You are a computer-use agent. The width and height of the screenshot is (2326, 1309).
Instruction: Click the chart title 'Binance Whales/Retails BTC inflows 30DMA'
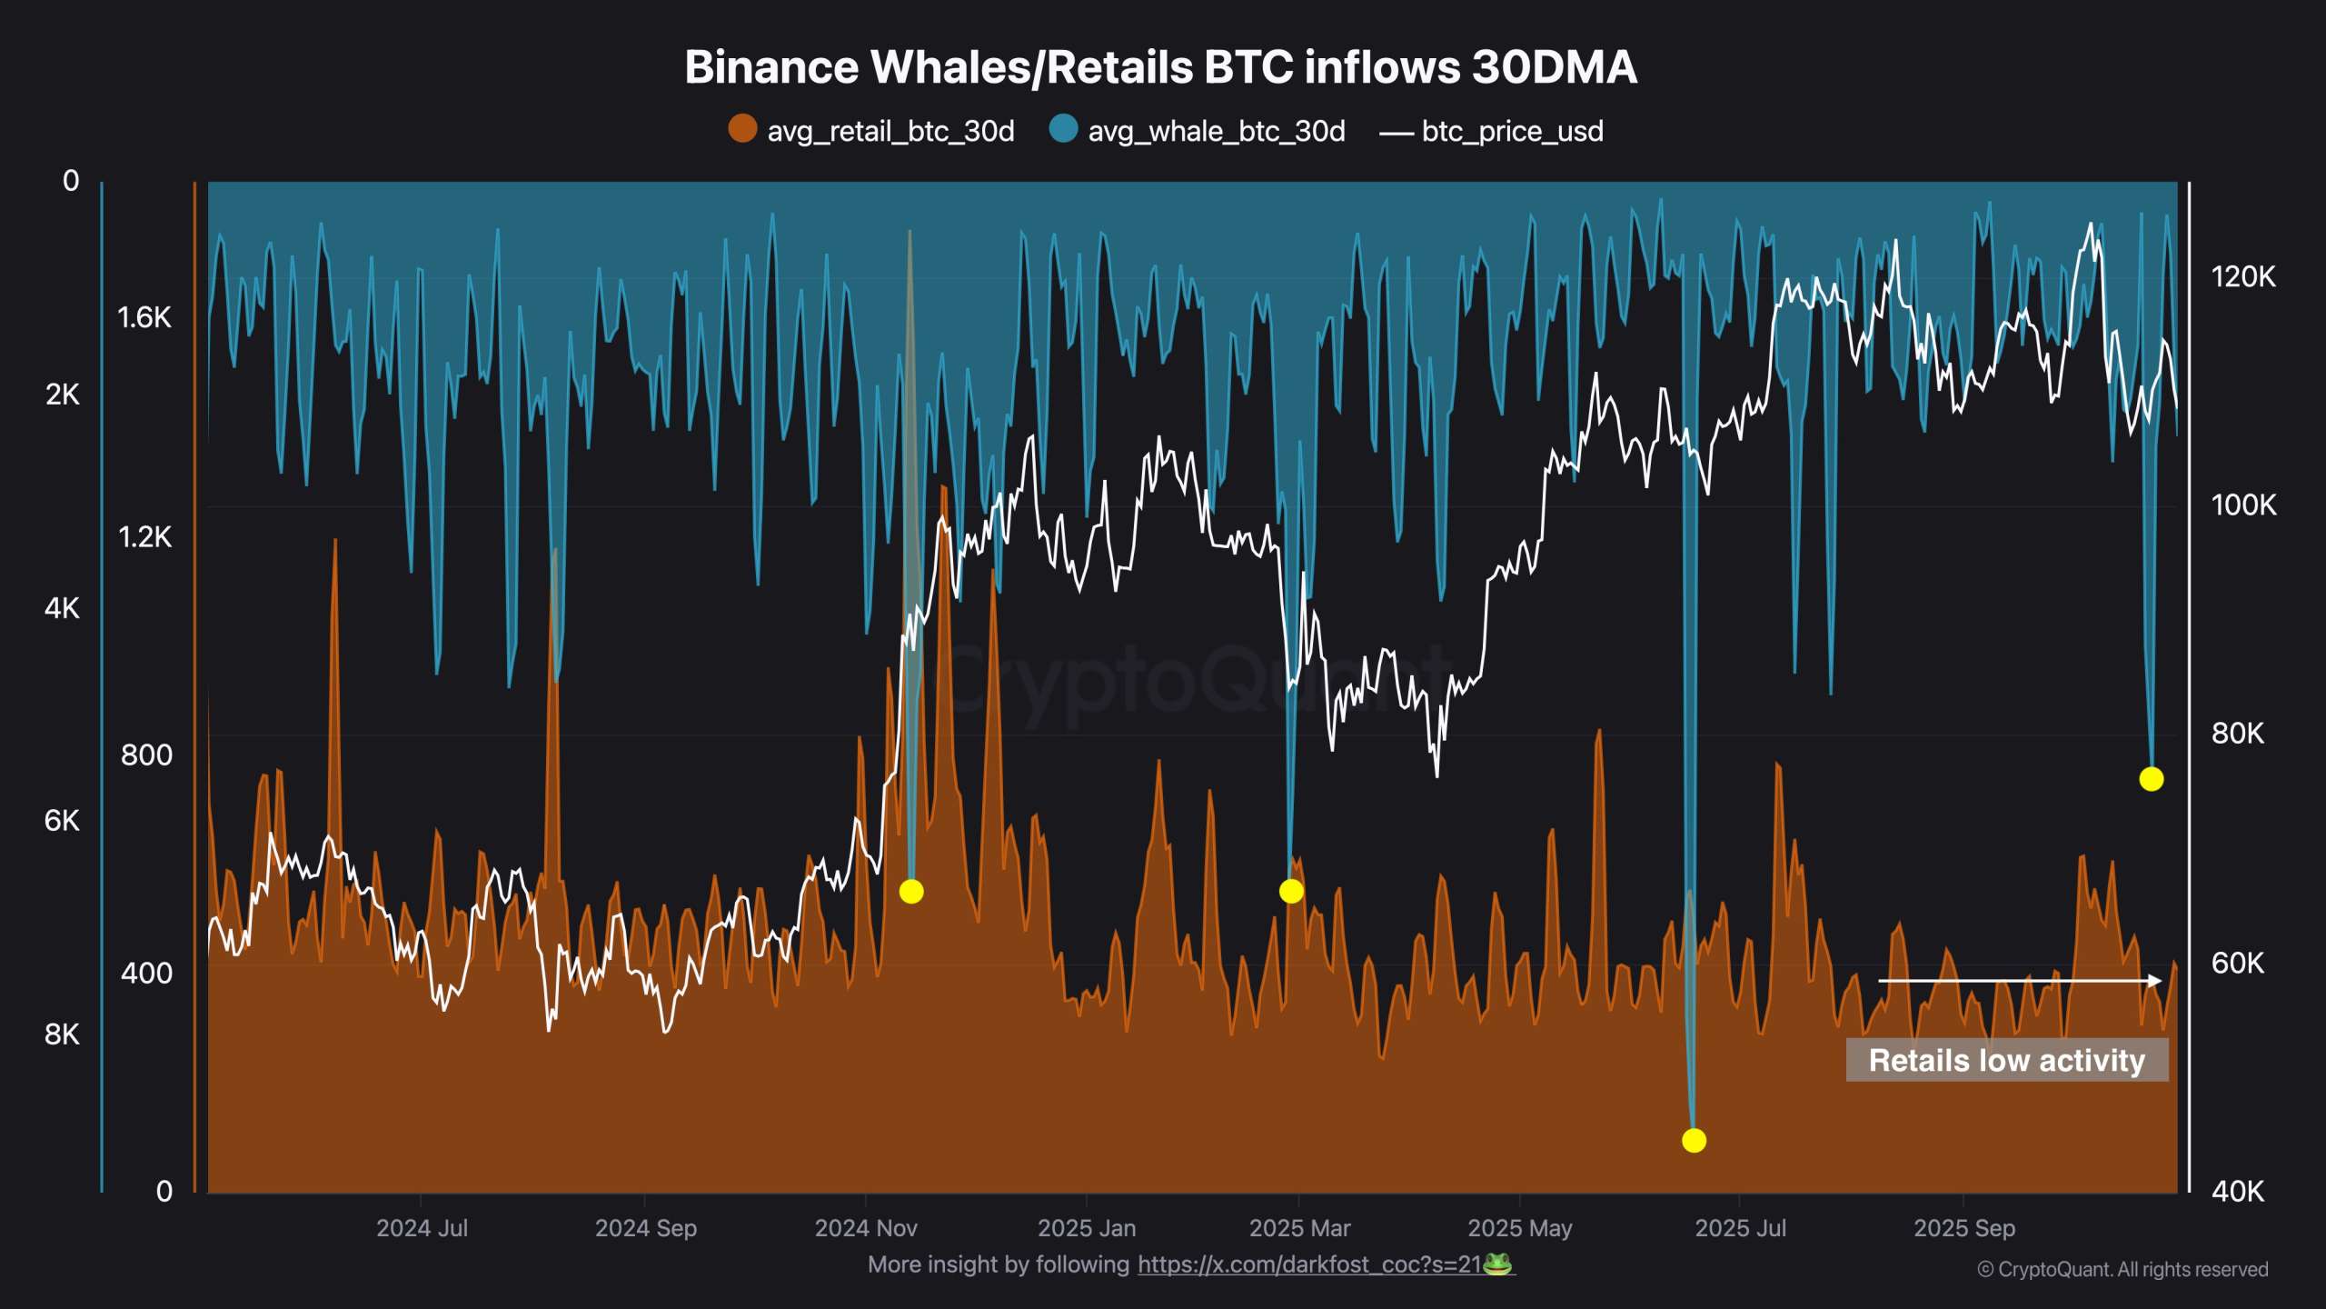coord(1160,67)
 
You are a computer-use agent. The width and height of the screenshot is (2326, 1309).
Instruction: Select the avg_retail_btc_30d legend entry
coord(872,131)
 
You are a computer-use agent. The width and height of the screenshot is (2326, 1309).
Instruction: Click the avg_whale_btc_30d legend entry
coord(1198,131)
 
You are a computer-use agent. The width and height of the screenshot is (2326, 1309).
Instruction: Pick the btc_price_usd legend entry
coord(1492,131)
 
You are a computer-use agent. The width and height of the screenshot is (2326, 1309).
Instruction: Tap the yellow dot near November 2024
coord(911,891)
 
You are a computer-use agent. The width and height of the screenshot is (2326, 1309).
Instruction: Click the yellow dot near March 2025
coord(1291,891)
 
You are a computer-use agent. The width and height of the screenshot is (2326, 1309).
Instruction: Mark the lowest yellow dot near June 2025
coord(1694,1140)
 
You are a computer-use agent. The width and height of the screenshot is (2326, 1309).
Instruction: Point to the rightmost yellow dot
coord(2151,779)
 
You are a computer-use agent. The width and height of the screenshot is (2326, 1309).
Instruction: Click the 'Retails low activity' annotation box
coord(2006,1060)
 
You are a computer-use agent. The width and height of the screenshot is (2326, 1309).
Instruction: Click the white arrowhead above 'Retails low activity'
coord(2155,980)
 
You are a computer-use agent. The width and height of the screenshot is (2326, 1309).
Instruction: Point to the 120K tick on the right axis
coord(2243,276)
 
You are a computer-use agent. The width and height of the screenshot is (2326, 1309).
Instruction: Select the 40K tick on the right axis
coord(2237,1191)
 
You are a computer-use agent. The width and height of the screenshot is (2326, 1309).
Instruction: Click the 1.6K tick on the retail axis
coord(144,317)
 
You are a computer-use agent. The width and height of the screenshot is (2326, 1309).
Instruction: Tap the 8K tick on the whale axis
coord(62,1034)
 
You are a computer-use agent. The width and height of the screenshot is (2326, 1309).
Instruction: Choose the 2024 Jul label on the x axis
coord(422,1228)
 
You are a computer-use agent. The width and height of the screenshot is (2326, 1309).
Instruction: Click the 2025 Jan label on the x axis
coord(1087,1228)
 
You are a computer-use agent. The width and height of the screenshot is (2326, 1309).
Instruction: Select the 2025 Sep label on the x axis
coord(1964,1228)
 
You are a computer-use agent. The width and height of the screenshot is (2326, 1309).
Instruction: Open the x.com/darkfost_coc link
coord(1309,1264)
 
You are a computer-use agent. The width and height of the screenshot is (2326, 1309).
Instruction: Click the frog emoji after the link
coord(1498,1264)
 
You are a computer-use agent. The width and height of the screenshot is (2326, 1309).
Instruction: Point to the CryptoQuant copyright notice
coord(2122,1269)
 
